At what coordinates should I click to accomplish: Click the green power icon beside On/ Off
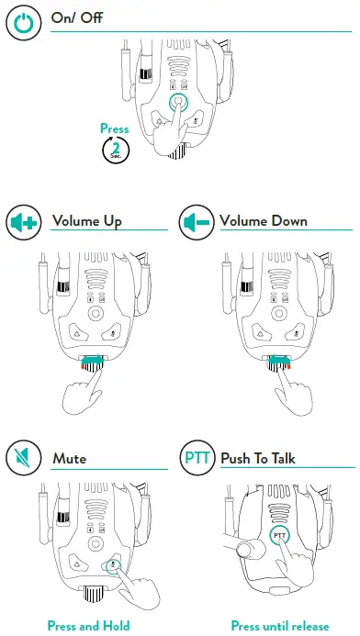[x=21, y=21]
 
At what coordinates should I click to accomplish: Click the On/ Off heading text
[x=77, y=18]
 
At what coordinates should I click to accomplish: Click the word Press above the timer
[x=115, y=129]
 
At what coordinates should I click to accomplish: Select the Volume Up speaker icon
[x=22, y=222]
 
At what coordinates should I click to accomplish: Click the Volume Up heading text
[x=87, y=221]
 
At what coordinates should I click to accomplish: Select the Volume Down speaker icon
[x=196, y=222]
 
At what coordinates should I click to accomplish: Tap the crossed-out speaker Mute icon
[x=22, y=456]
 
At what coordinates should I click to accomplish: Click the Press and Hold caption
[x=88, y=626]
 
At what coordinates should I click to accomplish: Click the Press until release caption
[x=279, y=626]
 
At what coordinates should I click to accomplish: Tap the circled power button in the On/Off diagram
[x=179, y=103]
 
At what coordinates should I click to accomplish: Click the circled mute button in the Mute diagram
[x=114, y=566]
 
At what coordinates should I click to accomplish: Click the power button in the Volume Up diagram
[x=94, y=313]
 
